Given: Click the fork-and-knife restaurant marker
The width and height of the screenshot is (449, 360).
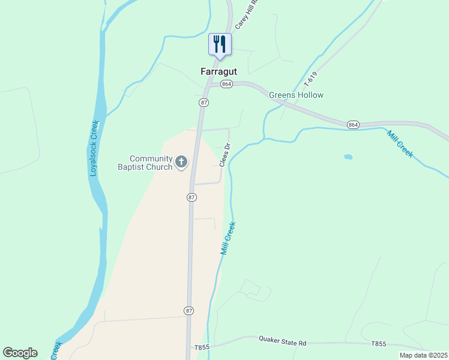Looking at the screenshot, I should [x=219, y=44].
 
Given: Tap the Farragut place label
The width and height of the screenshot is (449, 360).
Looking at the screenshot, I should [x=218, y=71].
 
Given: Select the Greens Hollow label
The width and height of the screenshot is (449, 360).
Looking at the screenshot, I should [x=296, y=95].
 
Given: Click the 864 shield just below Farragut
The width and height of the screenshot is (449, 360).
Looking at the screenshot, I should [x=226, y=85].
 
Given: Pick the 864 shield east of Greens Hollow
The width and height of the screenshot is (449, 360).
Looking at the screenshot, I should [x=353, y=124].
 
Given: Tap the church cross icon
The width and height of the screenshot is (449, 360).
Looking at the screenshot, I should [x=181, y=161].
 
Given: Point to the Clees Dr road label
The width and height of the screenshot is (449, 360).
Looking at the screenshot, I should [x=225, y=155].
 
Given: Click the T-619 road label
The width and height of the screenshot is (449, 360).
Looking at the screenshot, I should [x=310, y=78].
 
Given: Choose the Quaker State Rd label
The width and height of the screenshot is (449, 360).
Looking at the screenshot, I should [x=283, y=343].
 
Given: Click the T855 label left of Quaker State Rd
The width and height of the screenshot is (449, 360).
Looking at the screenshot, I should [x=202, y=347].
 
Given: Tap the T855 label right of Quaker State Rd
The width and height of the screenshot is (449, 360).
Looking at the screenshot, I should [x=378, y=344].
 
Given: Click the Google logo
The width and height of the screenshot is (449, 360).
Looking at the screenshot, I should [x=20, y=353].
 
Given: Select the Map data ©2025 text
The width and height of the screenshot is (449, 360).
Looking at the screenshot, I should [x=423, y=355].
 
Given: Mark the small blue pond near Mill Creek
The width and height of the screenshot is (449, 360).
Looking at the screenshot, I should [x=348, y=157].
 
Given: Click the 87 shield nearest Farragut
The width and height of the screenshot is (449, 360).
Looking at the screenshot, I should [x=204, y=103].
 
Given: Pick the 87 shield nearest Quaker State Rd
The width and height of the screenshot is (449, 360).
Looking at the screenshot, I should [x=188, y=310].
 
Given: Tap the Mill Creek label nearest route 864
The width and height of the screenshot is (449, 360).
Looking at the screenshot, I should [x=400, y=144].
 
